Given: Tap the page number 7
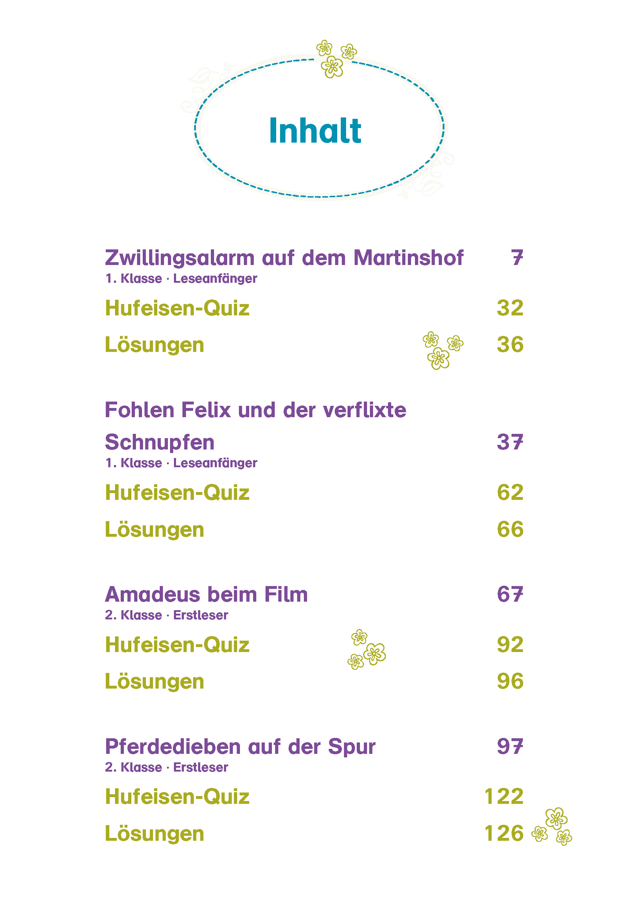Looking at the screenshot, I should click(x=517, y=258).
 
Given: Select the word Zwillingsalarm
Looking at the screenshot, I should click(x=179, y=258).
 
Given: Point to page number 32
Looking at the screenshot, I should click(x=510, y=308).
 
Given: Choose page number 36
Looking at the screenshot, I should click(x=510, y=344).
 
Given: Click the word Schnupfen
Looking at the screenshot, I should click(x=159, y=443).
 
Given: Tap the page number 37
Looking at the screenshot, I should click(x=510, y=442).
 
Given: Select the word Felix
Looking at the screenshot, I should click(x=206, y=410).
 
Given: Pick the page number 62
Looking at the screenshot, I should click(x=510, y=492).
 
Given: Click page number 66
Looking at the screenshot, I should click(x=510, y=529).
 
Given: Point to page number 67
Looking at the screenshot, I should click(x=510, y=594).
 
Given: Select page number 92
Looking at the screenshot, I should click(x=510, y=645).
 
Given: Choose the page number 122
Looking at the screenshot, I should click(x=504, y=797).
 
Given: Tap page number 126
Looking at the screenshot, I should click(x=504, y=833).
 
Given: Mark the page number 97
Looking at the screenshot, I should click(x=510, y=746).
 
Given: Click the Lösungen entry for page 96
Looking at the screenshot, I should click(x=154, y=681).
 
